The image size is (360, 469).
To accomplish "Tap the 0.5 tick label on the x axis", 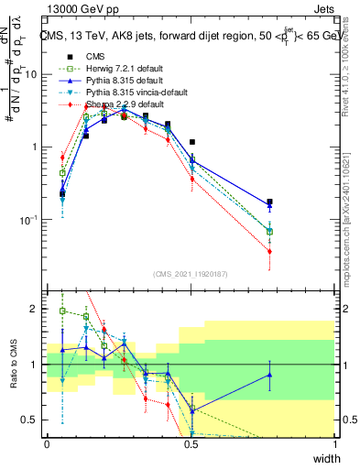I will [x=191, y=444].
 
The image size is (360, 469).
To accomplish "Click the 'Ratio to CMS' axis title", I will [x=11, y=367].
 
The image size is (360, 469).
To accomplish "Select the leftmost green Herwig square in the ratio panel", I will [x=62, y=311].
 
